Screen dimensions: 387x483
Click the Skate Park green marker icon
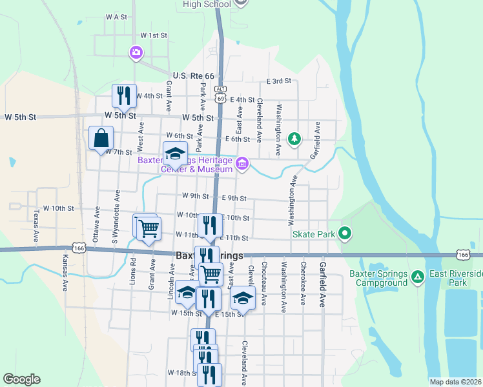coord(345,233)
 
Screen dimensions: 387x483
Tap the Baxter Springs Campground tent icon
coord(418,277)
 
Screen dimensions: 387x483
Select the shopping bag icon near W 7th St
coord(101,138)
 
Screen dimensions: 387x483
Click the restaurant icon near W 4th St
coord(123,95)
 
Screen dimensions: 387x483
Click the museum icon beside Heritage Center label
coord(242,164)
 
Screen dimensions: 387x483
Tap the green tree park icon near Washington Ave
coord(294,138)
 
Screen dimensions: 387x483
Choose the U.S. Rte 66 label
coord(193,75)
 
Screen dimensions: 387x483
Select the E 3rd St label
coord(280,81)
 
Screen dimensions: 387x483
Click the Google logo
coord(21,379)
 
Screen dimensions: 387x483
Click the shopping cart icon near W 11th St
coord(149,227)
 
